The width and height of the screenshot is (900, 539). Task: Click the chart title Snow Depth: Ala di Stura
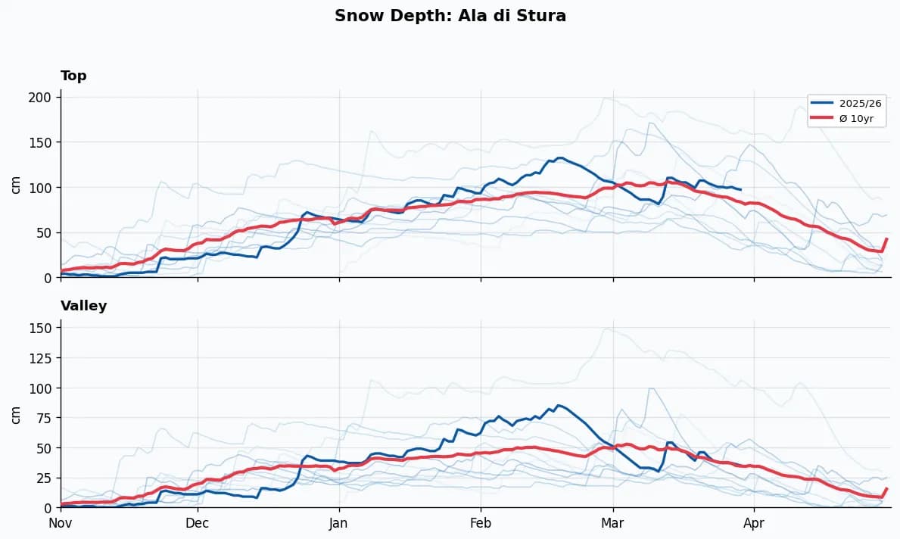[x=450, y=16]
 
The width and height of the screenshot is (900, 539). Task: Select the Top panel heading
[x=73, y=76]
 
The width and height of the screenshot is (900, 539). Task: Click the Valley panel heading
[x=83, y=306]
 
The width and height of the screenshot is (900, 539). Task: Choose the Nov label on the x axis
[x=61, y=523]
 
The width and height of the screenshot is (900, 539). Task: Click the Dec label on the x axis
[x=198, y=523]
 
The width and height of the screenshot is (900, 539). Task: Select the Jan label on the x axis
[x=338, y=523]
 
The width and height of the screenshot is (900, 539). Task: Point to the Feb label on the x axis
[x=480, y=523]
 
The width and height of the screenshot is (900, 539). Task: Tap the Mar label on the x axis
[x=612, y=523]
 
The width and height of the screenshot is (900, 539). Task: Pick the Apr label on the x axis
[x=754, y=523]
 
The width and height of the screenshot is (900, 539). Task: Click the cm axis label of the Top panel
[x=15, y=184]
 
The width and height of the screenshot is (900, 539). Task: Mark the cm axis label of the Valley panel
[x=15, y=414]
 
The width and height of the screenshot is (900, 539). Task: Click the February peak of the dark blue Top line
[x=559, y=157]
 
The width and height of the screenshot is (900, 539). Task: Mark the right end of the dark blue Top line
[x=740, y=189]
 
